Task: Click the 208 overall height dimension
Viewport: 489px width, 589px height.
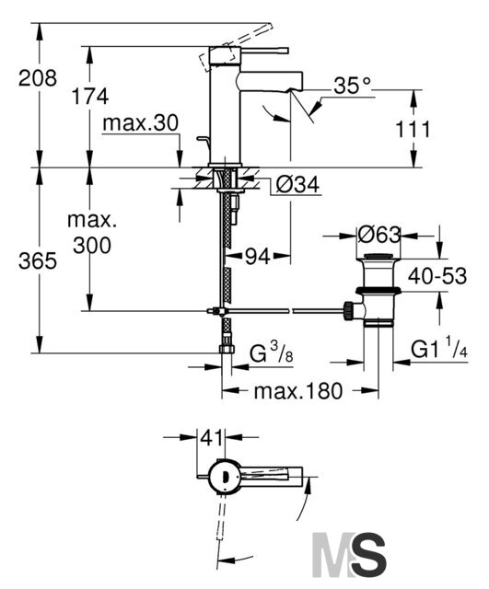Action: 38,78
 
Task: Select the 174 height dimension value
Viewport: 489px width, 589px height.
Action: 90,97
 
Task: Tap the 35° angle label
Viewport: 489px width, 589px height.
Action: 352,86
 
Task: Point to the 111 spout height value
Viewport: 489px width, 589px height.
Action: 413,130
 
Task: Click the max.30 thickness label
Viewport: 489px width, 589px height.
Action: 140,122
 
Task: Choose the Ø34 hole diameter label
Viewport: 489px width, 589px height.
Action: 297,184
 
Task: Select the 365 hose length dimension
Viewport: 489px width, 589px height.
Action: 38,260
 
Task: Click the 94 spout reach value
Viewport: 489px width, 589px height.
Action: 258,257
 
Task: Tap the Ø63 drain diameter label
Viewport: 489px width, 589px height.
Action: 378,236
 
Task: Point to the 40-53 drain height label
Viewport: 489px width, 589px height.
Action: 437,276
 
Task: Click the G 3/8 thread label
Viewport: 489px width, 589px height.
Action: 271,352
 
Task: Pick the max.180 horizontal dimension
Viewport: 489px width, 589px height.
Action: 298,390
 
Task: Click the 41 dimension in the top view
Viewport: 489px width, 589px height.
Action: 211,438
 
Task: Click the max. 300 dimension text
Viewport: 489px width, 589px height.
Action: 92,233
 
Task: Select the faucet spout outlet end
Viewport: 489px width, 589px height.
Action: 296,90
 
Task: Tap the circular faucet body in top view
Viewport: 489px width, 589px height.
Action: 224,476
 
